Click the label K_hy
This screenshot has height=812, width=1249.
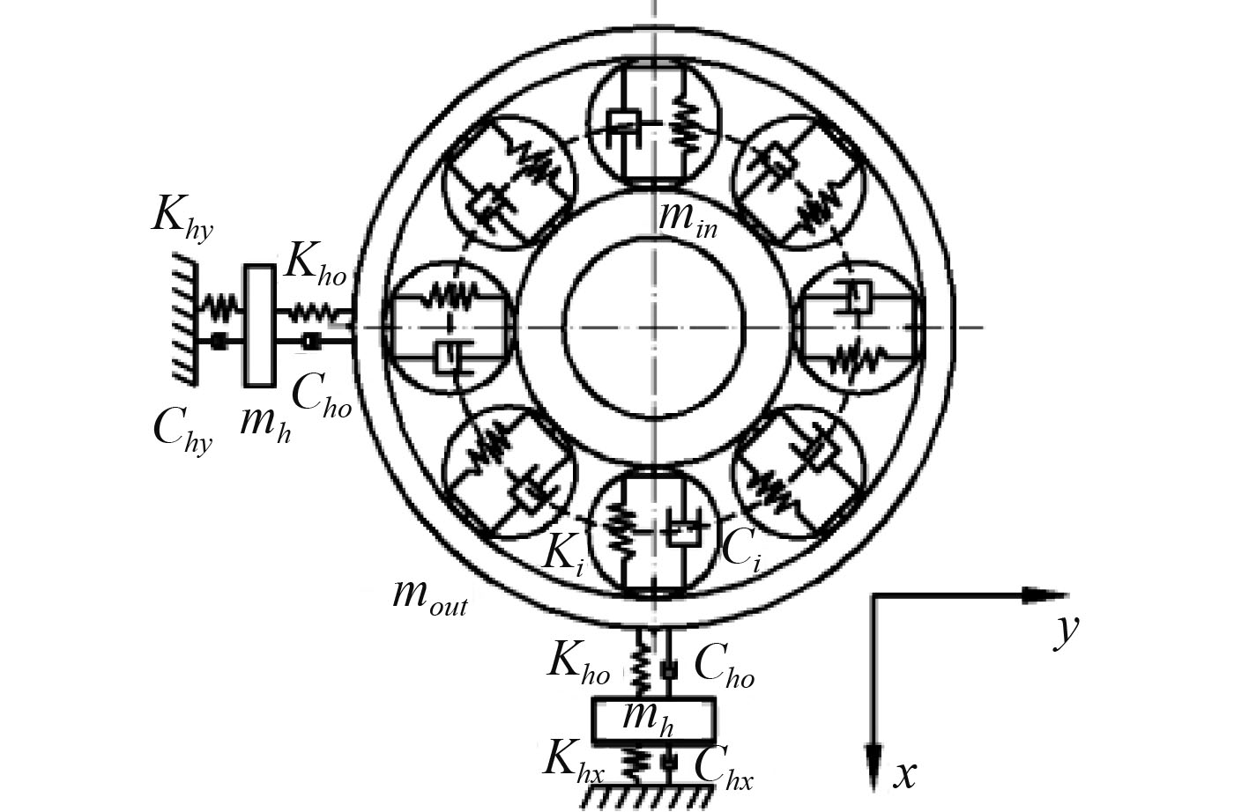click(182, 215)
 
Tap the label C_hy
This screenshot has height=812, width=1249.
click(182, 431)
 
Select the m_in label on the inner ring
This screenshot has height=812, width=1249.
click(688, 219)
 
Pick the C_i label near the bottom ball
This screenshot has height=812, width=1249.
click(740, 550)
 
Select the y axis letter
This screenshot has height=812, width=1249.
click(1067, 631)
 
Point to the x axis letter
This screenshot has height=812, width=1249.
click(905, 775)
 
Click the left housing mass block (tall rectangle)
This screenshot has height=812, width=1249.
click(258, 325)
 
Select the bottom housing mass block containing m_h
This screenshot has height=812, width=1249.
click(652, 720)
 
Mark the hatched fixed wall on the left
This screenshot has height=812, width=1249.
click(183, 318)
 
